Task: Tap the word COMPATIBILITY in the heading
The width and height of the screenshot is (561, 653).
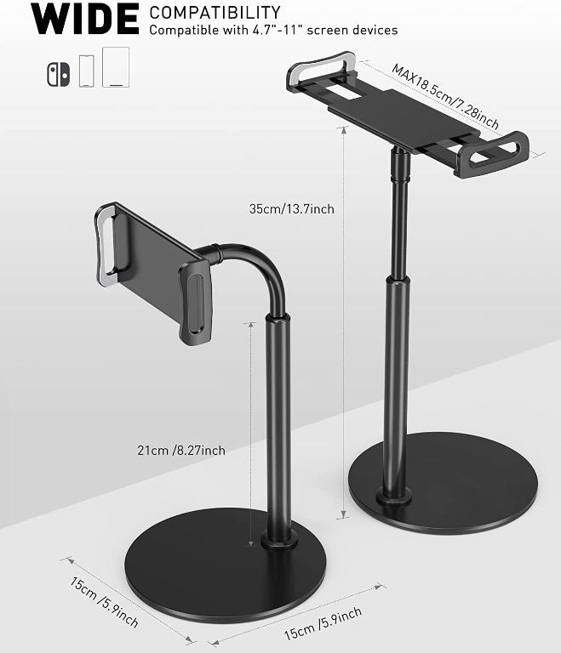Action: coord(215,12)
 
